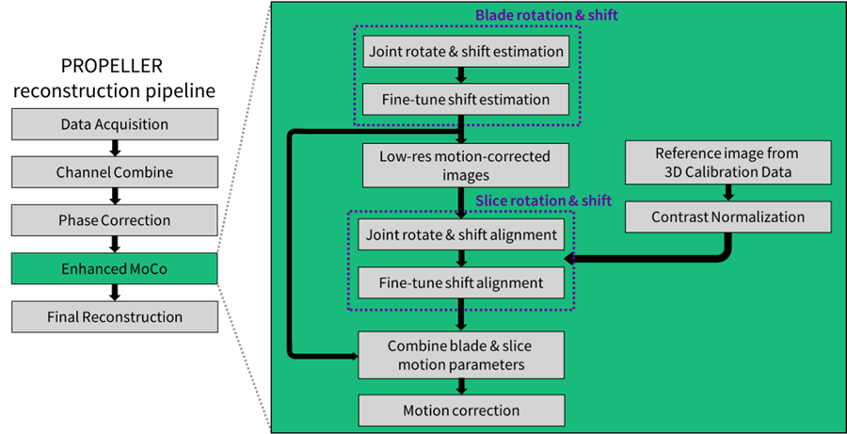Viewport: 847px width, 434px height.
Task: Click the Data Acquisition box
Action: (115, 124)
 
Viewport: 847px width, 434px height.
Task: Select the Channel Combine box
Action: (115, 172)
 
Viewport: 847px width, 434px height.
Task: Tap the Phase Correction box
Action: (115, 220)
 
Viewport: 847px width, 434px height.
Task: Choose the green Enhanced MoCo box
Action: (115, 268)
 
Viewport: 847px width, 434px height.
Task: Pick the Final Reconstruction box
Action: (115, 316)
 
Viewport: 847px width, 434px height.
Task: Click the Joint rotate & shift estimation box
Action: (466, 52)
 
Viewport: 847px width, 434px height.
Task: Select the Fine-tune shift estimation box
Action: (466, 100)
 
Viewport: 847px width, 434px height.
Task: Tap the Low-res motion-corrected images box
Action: (466, 166)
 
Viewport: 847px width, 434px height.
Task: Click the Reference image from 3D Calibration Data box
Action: (727, 163)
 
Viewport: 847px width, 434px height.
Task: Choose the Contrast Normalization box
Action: (727, 217)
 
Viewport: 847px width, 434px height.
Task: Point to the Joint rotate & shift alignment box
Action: (461, 234)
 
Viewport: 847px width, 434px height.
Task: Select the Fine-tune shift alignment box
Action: (461, 282)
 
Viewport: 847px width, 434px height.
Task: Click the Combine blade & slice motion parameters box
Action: (461, 355)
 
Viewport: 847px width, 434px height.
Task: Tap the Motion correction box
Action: (461, 410)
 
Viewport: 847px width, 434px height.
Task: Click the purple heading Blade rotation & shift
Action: (547, 15)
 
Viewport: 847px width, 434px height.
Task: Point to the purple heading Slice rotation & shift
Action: (543, 201)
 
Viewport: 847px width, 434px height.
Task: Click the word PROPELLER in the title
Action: (111, 67)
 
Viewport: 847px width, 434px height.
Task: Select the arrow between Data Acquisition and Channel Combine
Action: (115, 149)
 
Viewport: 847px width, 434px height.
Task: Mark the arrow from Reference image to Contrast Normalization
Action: (727, 193)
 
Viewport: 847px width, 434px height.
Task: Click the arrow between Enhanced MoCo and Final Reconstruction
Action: (115, 293)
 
